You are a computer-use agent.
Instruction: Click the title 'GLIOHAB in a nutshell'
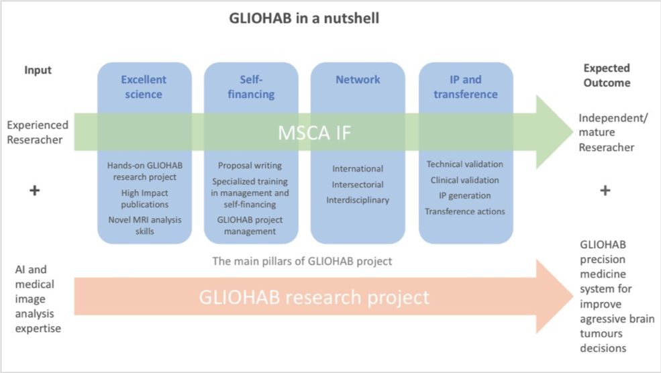(304, 18)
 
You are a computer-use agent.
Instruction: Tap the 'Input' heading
(38, 70)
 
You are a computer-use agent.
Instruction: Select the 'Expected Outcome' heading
(606, 75)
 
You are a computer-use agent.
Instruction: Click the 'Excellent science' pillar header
(144, 87)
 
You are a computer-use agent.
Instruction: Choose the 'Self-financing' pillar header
(251, 87)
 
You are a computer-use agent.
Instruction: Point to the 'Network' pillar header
(358, 80)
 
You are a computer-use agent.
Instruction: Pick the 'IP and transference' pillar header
(465, 87)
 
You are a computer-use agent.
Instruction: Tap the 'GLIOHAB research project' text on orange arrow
(314, 297)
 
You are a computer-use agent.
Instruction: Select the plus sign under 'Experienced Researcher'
(35, 191)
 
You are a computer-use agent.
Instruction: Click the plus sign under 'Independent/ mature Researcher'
(605, 191)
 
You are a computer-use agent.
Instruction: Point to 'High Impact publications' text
(145, 199)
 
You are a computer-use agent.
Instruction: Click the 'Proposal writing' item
(250, 166)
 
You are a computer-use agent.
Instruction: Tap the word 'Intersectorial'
(358, 184)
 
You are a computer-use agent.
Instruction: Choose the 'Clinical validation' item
(464, 180)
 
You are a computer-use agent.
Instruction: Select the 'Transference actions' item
(464, 211)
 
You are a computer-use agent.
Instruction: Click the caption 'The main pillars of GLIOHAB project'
(302, 261)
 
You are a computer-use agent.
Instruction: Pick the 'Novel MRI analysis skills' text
(145, 225)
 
